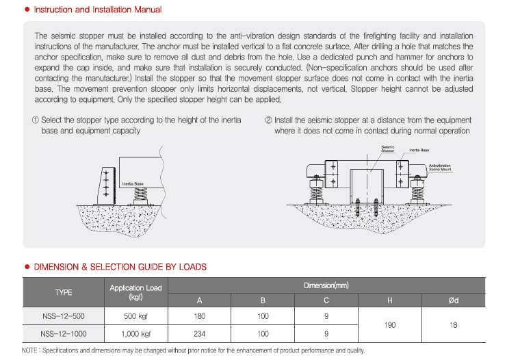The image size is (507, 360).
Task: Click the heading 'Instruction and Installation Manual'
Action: tap(98, 10)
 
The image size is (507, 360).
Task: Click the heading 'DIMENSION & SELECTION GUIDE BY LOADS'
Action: tap(120, 267)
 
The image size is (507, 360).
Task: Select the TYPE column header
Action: tap(64, 292)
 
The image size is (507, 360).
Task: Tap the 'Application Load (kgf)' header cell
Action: tap(135, 292)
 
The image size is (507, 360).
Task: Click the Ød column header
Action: tap(453, 300)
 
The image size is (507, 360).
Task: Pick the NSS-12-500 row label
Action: tap(64, 316)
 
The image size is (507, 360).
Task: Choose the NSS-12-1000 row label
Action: tap(64, 334)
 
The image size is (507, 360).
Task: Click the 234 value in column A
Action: tap(199, 334)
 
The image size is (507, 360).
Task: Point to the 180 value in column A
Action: tap(199, 316)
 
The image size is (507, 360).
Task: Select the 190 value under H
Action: tap(389, 325)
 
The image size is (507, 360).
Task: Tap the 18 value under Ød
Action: tap(453, 325)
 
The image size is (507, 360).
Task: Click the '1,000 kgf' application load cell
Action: tap(135, 334)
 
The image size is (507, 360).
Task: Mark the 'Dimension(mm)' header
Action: tap(326, 285)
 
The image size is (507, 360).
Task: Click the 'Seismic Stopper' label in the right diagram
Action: tap(388, 149)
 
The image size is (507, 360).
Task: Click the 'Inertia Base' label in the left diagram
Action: tap(132, 184)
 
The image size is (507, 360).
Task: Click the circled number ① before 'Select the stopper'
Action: tap(35, 120)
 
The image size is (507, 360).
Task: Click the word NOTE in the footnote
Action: tap(29, 350)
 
